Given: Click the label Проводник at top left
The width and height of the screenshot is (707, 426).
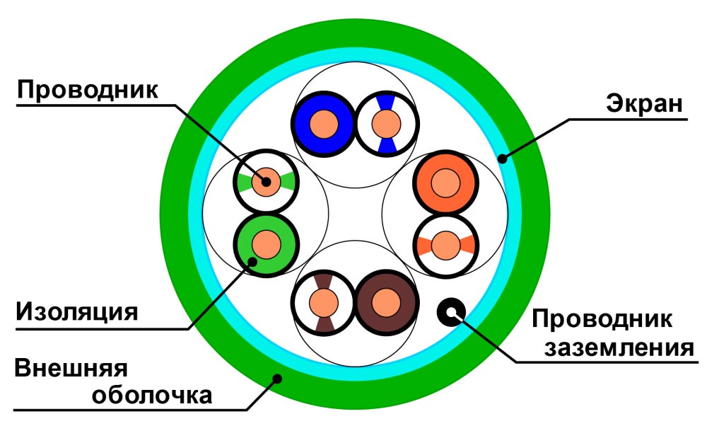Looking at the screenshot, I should (89, 90).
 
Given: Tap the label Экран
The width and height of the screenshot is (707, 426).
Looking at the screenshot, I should (643, 104).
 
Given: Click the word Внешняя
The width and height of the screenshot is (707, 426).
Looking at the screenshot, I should (70, 369).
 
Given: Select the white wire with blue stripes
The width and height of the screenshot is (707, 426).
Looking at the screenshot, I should (386, 124).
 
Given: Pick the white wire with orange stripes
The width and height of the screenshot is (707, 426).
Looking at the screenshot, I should (445, 246).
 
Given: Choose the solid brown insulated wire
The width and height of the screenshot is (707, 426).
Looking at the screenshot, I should (386, 302).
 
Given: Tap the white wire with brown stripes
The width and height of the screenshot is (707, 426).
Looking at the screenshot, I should (323, 302).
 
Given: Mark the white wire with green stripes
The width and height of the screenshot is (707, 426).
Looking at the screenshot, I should (266, 183).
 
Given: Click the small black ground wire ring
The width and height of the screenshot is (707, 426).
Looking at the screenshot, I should (450, 309).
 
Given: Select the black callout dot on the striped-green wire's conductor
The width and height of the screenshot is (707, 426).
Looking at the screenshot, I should (265, 180).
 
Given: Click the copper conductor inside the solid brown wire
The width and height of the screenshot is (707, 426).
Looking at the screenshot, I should (386, 302).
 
